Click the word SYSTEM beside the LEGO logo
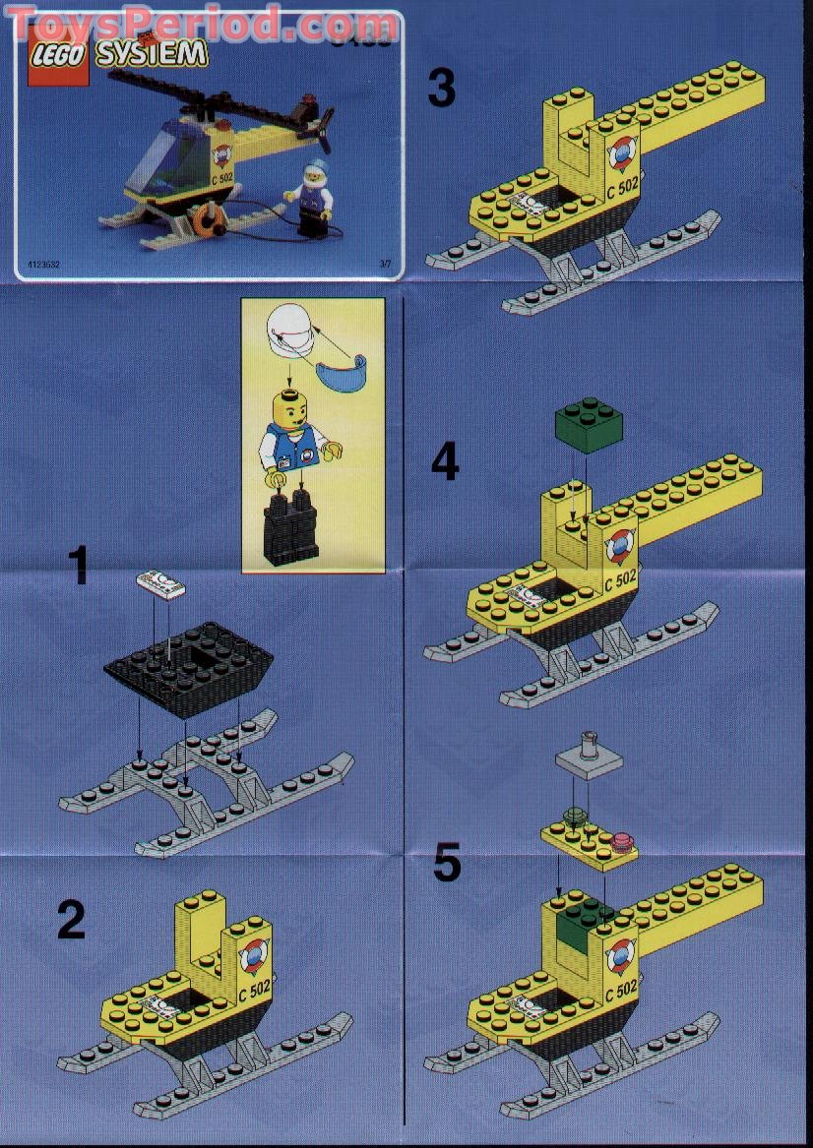pos(152,55)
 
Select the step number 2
pos(72,921)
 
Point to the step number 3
pos(442,89)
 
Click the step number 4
pos(445,461)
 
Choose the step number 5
pos(447,864)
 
